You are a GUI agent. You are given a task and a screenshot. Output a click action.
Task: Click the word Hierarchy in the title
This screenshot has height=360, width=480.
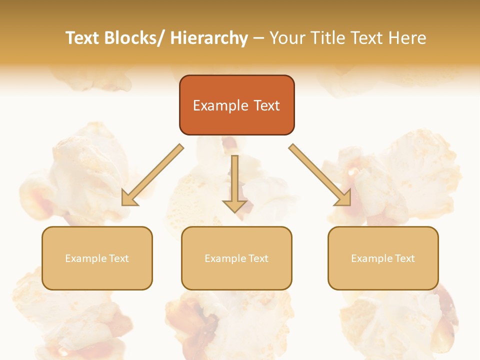coord(209,38)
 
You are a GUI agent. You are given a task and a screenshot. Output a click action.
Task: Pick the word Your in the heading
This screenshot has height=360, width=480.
coord(286,38)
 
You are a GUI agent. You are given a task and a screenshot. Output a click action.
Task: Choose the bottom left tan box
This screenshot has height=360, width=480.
coord(97,258)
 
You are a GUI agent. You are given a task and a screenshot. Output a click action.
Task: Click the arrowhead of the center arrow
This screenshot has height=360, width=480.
coord(234,205)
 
